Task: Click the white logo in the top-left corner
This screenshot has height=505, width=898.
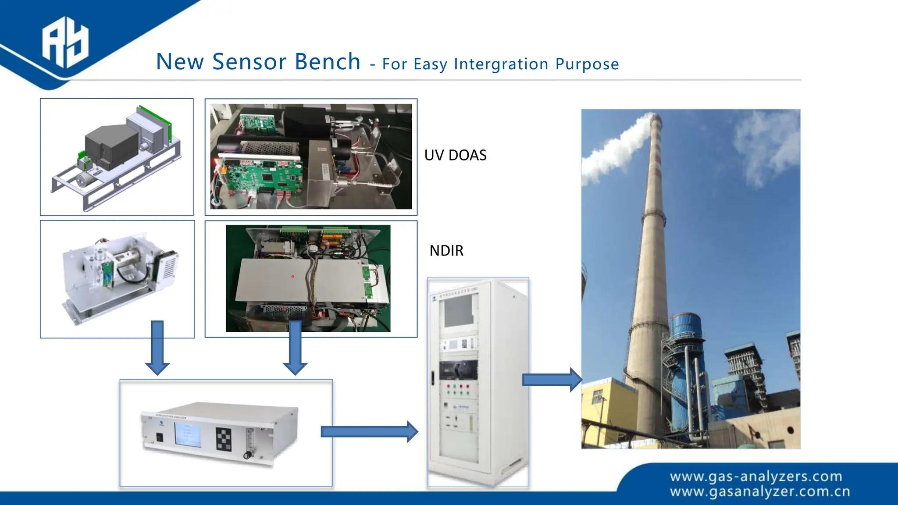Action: click(x=65, y=43)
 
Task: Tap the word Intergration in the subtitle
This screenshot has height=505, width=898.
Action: click(x=501, y=64)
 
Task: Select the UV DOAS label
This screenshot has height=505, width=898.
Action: click(x=455, y=155)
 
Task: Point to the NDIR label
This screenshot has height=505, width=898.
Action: click(x=446, y=251)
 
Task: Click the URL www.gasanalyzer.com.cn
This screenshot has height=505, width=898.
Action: click(x=759, y=492)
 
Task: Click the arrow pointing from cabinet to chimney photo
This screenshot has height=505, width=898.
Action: click(x=552, y=380)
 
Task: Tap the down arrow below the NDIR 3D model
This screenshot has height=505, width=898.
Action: click(x=157, y=347)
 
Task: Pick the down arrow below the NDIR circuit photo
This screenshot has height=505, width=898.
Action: click(x=295, y=347)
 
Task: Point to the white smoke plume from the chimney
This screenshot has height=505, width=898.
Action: click(x=614, y=149)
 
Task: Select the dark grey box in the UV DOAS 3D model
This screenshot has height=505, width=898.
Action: click(x=112, y=145)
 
